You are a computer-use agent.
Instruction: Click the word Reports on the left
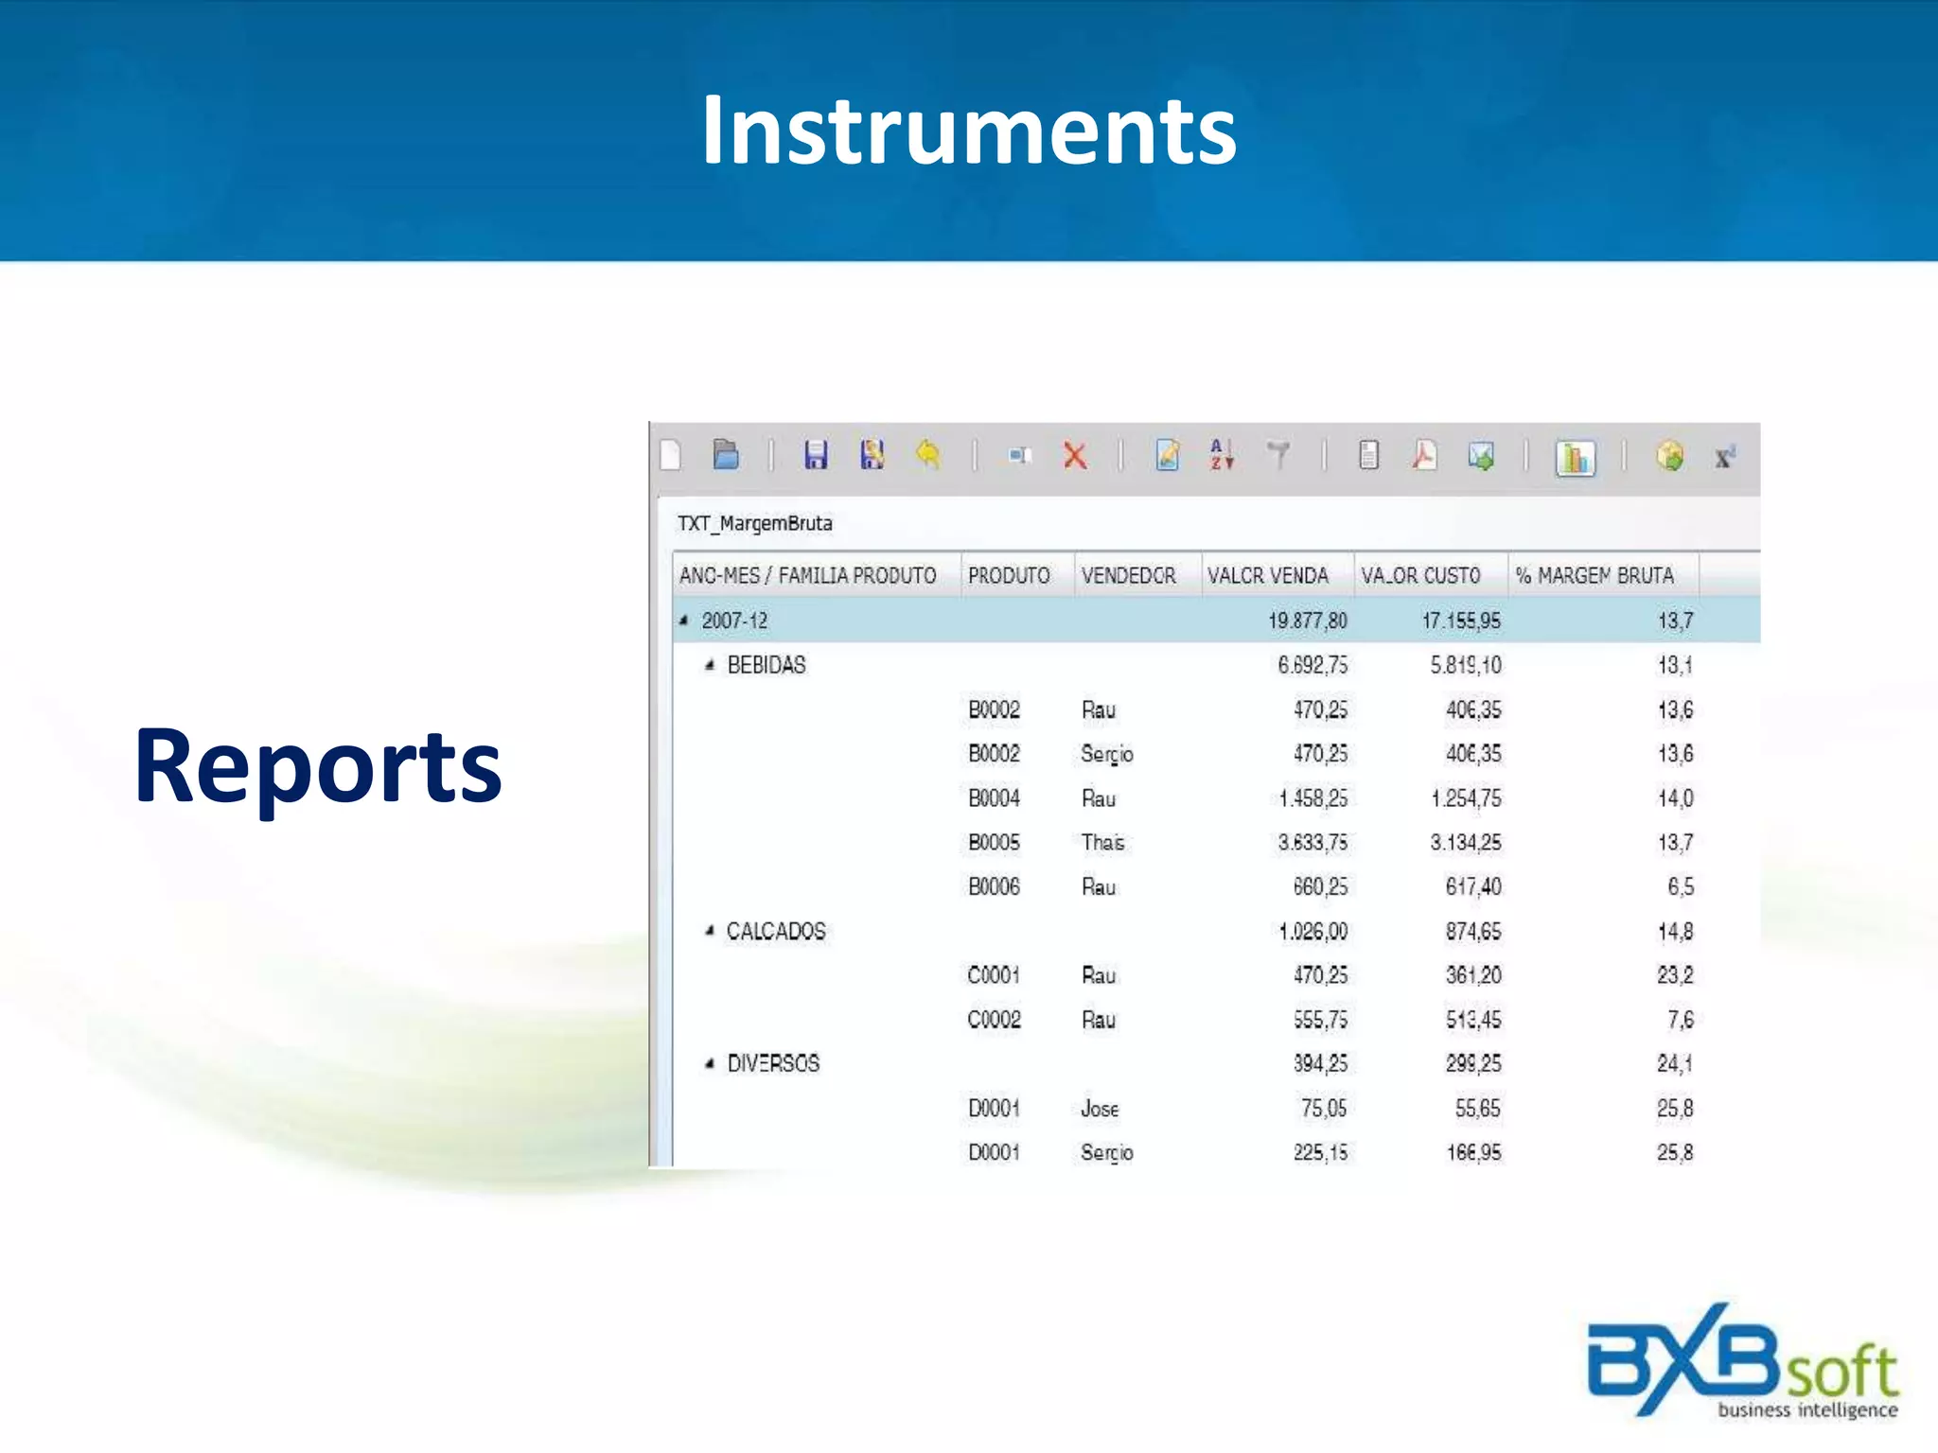pos(318,766)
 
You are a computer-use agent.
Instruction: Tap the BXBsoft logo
pos(1741,1362)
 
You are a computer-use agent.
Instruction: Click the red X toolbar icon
pos(1075,456)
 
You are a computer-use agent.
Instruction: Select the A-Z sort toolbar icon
pos(1222,455)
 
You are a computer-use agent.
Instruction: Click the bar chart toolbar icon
pos(1576,458)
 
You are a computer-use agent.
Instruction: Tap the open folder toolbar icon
pos(726,455)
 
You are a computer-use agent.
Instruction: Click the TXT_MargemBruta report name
pos(755,523)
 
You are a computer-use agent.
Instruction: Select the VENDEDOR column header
pos(1128,575)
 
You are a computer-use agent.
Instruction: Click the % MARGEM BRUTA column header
pos(1594,575)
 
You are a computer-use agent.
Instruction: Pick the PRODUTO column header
pos(1009,575)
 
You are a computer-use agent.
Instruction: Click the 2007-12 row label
pos(734,621)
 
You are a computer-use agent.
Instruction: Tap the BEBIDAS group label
pos(766,665)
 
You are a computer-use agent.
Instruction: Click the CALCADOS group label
pos(776,931)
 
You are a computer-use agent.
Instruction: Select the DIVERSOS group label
pos(773,1063)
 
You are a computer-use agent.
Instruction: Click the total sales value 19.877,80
pos(1307,621)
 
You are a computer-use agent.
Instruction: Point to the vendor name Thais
pos(1102,842)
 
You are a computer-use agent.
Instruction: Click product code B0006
pos(994,886)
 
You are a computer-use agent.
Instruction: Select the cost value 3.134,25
pos(1465,842)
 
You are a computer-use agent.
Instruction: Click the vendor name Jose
pos(1100,1108)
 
